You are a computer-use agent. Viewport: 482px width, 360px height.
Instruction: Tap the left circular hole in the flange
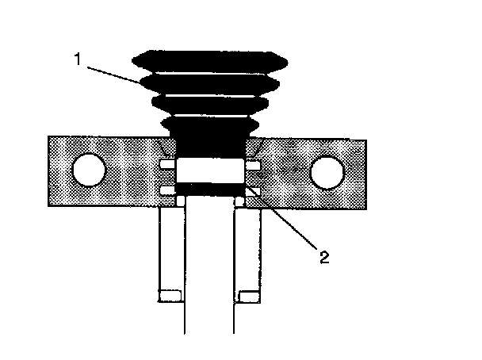click(89, 170)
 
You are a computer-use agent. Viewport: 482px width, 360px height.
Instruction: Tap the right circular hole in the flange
click(327, 170)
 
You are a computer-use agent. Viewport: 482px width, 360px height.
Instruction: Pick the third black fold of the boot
click(208, 103)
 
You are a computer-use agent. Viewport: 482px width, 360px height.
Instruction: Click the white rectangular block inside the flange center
click(208, 169)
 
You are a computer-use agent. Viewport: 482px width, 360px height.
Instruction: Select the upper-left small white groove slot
click(166, 164)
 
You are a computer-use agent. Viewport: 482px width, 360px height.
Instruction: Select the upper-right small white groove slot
click(251, 164)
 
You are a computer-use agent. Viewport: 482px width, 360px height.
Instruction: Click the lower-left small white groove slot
click(166, 191)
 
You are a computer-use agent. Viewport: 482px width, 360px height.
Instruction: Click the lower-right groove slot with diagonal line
click(252, 192)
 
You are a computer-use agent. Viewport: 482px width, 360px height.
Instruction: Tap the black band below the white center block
click(208, 186)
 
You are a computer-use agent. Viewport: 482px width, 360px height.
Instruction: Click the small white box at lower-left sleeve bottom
click(169, 296)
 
